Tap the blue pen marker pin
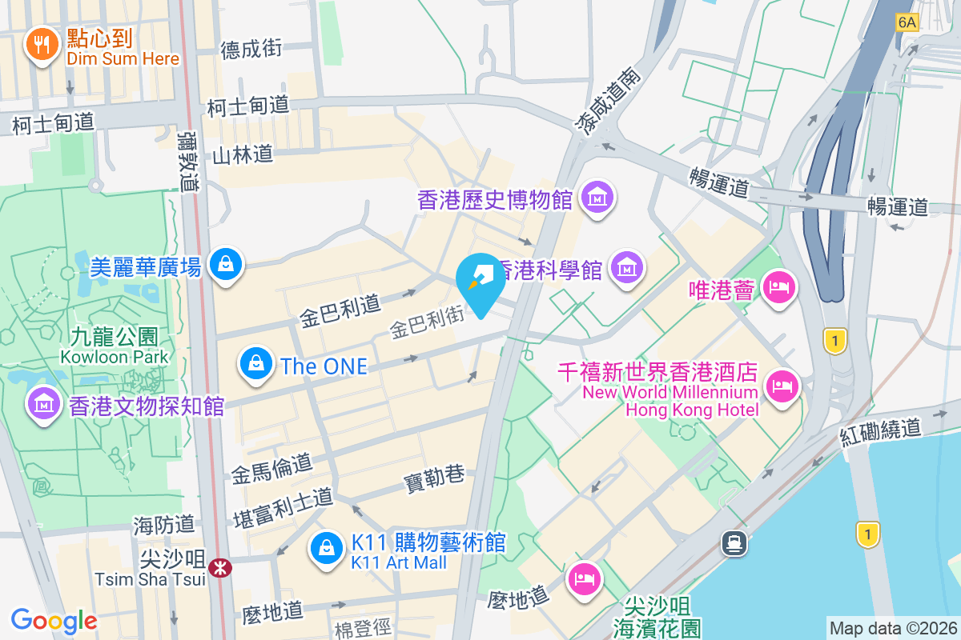pyautogui.click(x=480, y=281)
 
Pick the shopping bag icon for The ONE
pyautogui.click(x=255, y=364)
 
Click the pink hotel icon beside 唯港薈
pyautogui.click(x=778, y=287)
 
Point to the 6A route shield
pyautogui.click(x=907, y=22)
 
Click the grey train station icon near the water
pyautogui.click(x=734, y=543)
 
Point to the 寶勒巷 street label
pyautogui.click(x=434, y=478)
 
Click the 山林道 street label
pyautogui.click(x=243, y=154)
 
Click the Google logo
pyautogui.click(x=54, y=621)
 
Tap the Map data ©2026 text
pyautogui.click(x=893, y=628)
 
